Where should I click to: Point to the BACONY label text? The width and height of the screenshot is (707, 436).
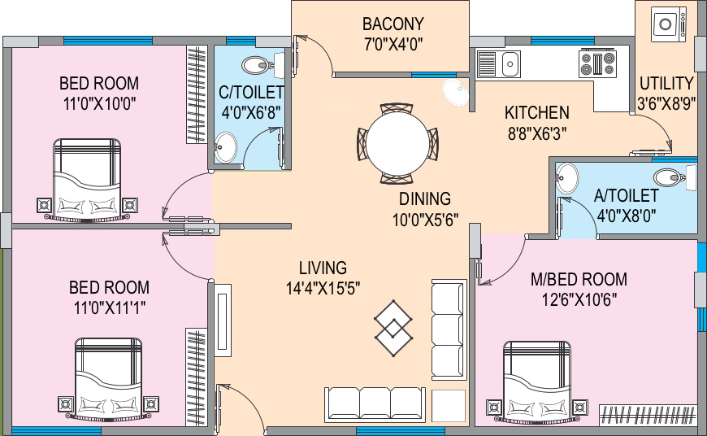tap(393, 23)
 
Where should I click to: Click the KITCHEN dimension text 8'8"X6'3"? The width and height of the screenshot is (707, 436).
tap(536, 132)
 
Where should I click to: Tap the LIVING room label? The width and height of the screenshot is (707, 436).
tap(323, 268)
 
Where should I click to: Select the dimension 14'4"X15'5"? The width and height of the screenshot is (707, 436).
tap(323, 287)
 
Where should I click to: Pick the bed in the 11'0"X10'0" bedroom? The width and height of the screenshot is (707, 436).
tap(87, 179)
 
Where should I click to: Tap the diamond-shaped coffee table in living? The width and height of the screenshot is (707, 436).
tap(393, 328)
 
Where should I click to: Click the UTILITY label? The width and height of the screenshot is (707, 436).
tap(666, 83)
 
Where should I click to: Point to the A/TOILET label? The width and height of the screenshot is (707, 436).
tap(626, 196)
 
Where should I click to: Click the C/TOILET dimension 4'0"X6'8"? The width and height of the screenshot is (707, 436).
tap(250, 111)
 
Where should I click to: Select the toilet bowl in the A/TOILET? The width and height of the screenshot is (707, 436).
tap(671, 177)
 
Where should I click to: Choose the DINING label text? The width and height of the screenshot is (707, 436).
tap(424, 198)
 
